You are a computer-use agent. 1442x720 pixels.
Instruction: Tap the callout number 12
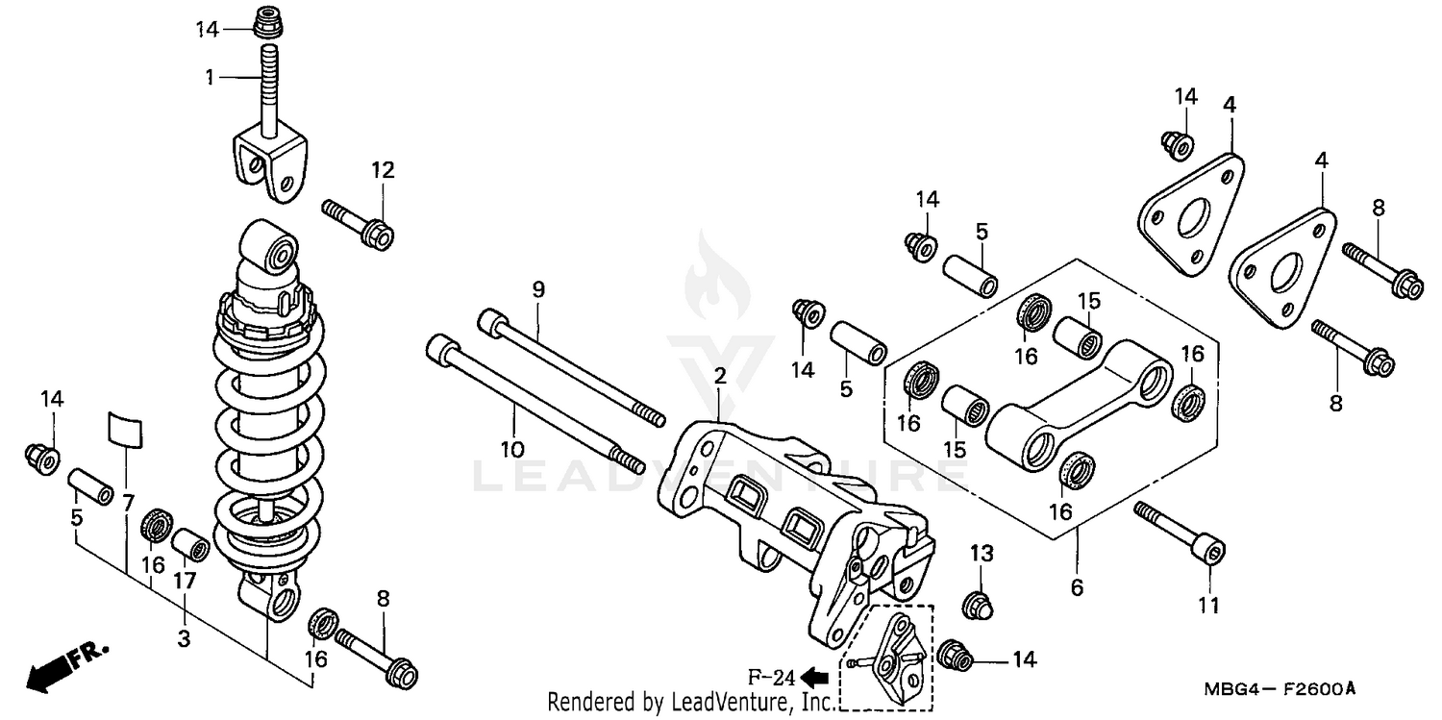(384, 170)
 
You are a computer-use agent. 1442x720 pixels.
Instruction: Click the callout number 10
(513, 448)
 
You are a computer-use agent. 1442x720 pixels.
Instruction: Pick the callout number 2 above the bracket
(719, 376)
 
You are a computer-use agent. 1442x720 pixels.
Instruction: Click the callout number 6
(1077, 586)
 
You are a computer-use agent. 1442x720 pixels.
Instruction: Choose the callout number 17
(185, 581)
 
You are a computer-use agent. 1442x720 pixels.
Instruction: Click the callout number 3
(185, 638)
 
